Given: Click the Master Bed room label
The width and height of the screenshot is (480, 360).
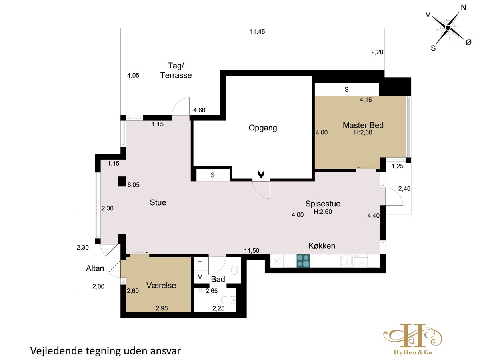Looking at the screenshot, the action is [363, 125].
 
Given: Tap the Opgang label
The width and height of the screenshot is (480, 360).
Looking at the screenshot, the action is [263, 128].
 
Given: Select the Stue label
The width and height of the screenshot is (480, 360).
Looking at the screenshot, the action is [158, 202].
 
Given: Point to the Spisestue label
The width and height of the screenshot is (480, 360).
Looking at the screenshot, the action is [323, 204].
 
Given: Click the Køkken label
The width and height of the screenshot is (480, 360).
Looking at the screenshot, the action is [322, 246].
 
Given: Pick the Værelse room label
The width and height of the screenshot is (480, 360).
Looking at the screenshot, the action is [161, 285].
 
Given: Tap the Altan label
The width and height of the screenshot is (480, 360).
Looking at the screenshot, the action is [95, 268].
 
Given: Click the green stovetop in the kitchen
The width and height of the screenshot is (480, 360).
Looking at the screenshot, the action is [303, 261].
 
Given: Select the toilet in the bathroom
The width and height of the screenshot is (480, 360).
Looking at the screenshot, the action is [228, 300].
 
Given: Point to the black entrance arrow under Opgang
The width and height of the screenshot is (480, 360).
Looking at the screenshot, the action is [261, 174].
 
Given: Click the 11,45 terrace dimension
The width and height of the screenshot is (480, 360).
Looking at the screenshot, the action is [257, 32].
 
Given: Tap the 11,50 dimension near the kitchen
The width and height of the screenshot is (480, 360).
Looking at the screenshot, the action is [252, 250].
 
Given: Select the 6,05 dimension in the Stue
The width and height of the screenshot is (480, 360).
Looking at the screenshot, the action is [133, 185].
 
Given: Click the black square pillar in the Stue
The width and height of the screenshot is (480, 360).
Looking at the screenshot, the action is [122, 182].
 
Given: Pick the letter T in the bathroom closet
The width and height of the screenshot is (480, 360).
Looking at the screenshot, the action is [200, 264].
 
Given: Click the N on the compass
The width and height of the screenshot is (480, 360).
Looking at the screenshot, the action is [463, 8].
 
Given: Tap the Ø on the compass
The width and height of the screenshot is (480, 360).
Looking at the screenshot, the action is [469, 42].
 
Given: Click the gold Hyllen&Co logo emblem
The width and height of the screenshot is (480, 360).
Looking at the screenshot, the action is [413, 336].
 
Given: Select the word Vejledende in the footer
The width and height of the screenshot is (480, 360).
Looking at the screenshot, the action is [56, 351].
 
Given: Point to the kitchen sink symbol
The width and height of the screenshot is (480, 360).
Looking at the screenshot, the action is [347, 261].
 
